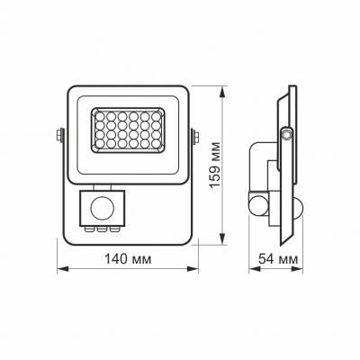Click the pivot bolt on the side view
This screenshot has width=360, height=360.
click(x=287, y=133)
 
